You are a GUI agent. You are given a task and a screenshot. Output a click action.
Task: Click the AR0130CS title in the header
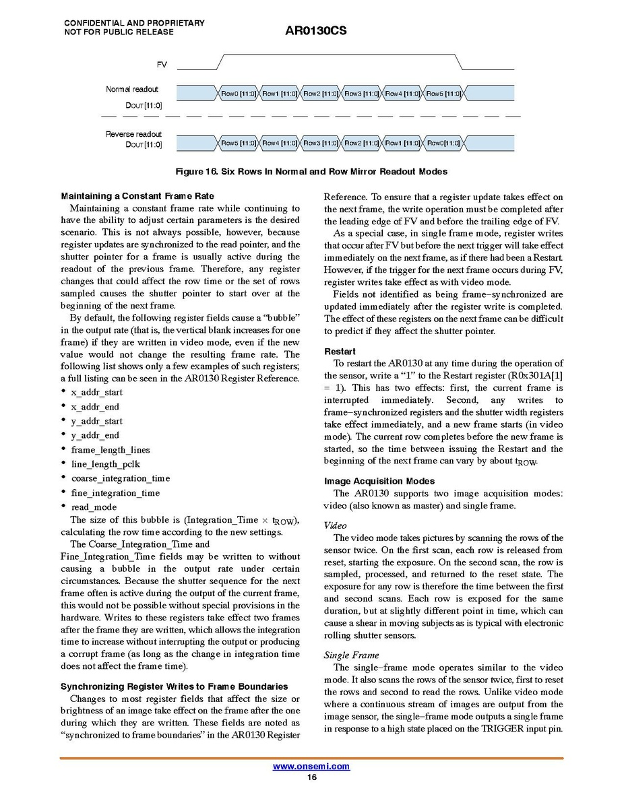click(x=315, y=31)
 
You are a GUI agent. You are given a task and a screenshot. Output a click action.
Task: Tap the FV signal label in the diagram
click(x=162, y=65)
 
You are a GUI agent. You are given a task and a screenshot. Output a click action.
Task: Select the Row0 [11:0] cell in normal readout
click(x=239, y=94)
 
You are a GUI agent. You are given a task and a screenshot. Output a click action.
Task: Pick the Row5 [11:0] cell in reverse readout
click(x=239, y=143)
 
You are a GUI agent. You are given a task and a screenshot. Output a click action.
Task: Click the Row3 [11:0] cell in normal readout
click(x=362, y=94)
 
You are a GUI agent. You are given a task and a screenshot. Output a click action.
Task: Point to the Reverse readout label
click(x=133, y=134)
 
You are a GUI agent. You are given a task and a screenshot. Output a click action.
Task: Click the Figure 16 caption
click(x=311, y=172)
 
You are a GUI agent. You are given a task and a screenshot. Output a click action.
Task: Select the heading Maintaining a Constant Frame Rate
click(x=137, y=196)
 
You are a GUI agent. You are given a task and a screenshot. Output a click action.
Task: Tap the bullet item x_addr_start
click(x=96, y=392)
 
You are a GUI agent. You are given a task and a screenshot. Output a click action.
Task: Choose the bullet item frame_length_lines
click(x=111, y=450)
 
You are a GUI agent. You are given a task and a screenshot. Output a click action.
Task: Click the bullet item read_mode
click(x=94, y=507)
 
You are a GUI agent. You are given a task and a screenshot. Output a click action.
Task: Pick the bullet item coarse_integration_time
click(x=120, y=478)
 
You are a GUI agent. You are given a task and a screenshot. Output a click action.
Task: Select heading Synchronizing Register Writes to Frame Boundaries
click(x=175, y=686)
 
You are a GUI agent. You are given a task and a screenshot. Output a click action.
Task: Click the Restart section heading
click(x=340, y=352)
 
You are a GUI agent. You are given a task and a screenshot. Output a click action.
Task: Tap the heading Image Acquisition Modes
click(x=379, y=481)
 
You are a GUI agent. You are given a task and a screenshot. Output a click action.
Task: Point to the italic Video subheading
click(x=335, y=525)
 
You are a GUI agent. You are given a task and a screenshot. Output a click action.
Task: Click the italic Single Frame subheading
click(x=351, y=655)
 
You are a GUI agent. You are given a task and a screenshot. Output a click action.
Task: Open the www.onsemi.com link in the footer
click(x=311, y=767)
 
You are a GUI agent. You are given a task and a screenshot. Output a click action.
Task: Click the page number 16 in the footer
click(x=311, y=777)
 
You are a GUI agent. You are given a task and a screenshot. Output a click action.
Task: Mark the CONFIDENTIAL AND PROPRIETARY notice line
click(x=134, y=23)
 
